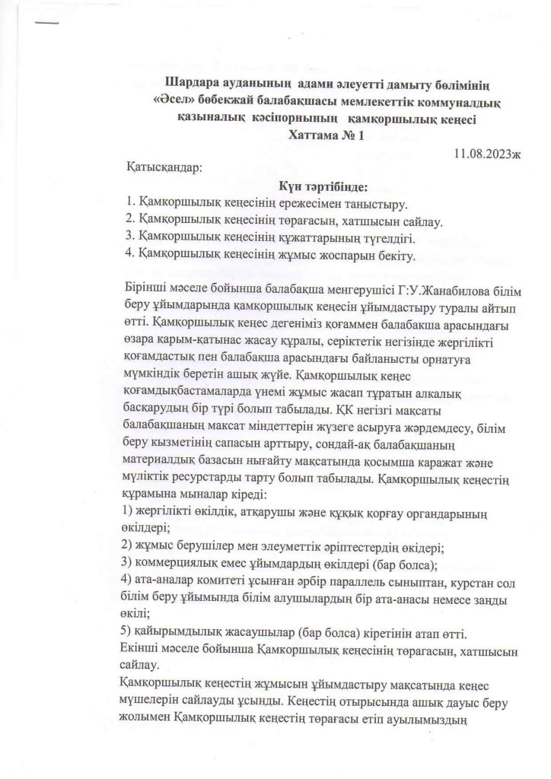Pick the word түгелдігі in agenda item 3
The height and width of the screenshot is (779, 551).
pyautogui.click(x=380, y=238)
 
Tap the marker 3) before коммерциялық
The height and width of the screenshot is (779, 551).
pyautogui.click(x=129, y=562)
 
